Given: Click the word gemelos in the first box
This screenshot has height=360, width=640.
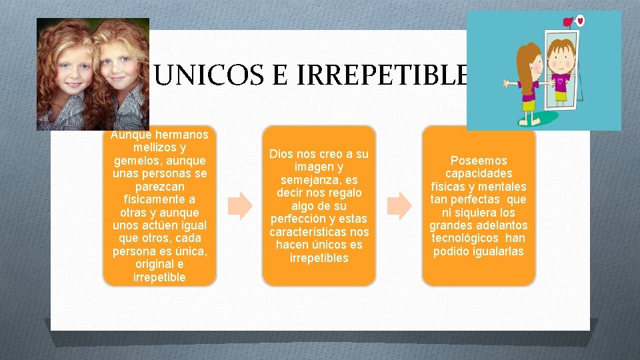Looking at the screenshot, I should (x=137, y=161).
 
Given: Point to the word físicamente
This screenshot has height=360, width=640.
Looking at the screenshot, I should (x=154, y=199).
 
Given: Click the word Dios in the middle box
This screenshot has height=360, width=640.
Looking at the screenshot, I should (x=281, y=155).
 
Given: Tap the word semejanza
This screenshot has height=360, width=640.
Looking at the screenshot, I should (x=309, y=180).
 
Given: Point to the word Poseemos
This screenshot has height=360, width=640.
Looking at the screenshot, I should (x=479, y=161).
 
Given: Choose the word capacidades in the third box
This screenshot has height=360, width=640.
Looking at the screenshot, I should (x=479, y=173).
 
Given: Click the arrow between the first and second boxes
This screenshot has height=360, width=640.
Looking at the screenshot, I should (x=240, y=207).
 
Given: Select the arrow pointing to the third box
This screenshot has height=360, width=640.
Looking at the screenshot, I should (x=400, y=207).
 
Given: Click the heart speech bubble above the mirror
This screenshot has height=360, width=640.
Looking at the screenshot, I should (x=579, y=21).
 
